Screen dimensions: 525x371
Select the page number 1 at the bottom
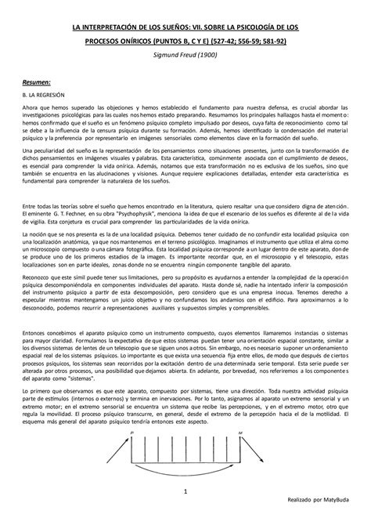tap(185, 491)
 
